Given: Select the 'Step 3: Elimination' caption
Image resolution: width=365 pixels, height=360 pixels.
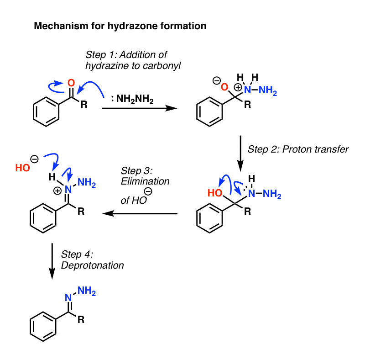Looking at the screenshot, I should [145, 181].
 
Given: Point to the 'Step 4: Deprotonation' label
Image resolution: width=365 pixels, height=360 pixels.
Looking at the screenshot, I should [92, 259].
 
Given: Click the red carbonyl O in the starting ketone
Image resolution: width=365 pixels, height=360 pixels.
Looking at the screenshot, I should [71, 83].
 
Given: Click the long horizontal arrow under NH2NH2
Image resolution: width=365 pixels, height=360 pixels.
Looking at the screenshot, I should [139, 109].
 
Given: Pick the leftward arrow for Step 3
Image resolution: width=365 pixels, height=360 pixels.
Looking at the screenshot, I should [139, 213].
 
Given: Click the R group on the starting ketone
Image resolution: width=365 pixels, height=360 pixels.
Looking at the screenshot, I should [83, 106].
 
